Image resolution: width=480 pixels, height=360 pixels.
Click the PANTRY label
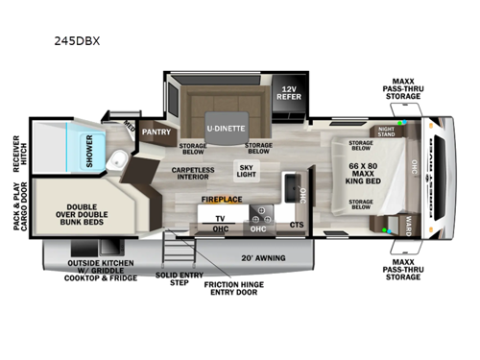coord(156,132)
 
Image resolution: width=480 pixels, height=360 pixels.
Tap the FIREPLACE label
coord(221,200)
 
